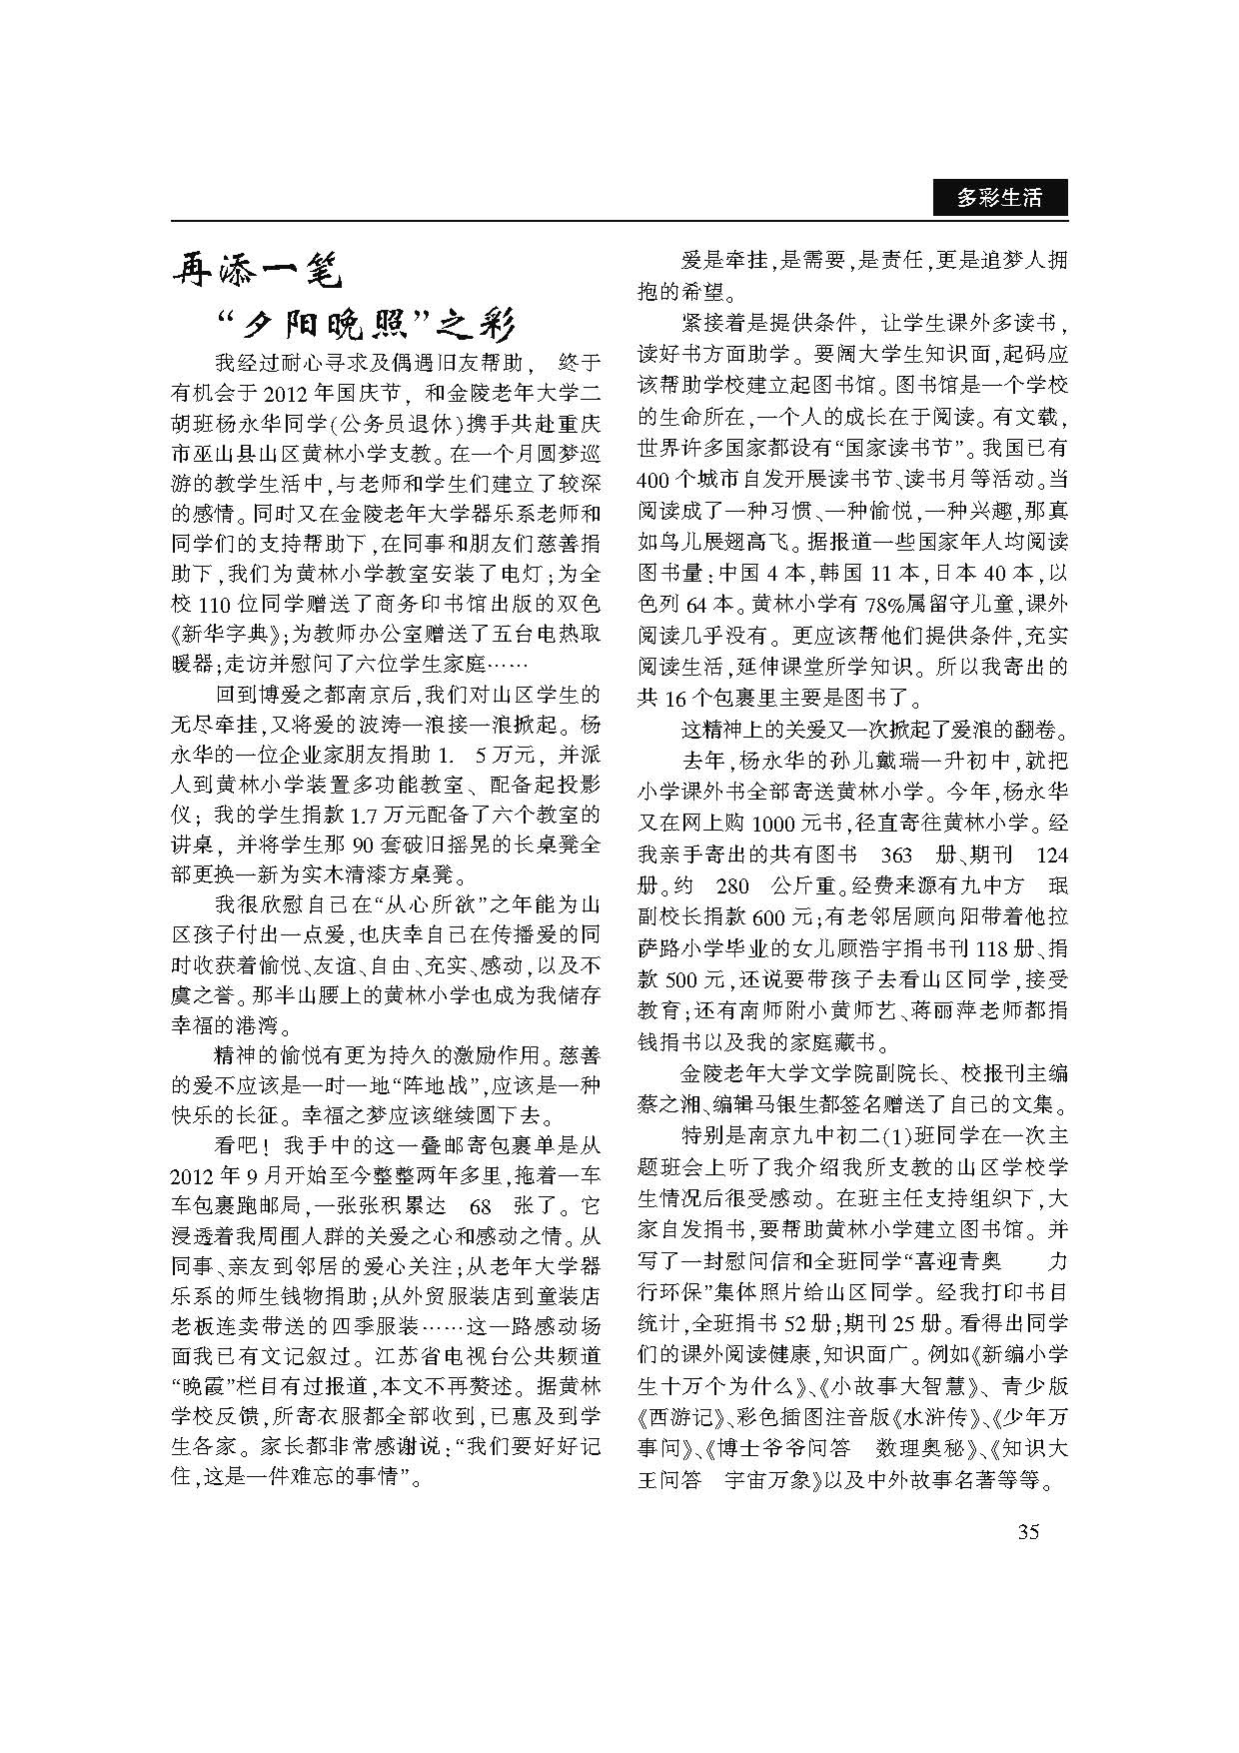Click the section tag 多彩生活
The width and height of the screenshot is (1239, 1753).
click(999, 198)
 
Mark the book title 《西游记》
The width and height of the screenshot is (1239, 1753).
click(674, 1416)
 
